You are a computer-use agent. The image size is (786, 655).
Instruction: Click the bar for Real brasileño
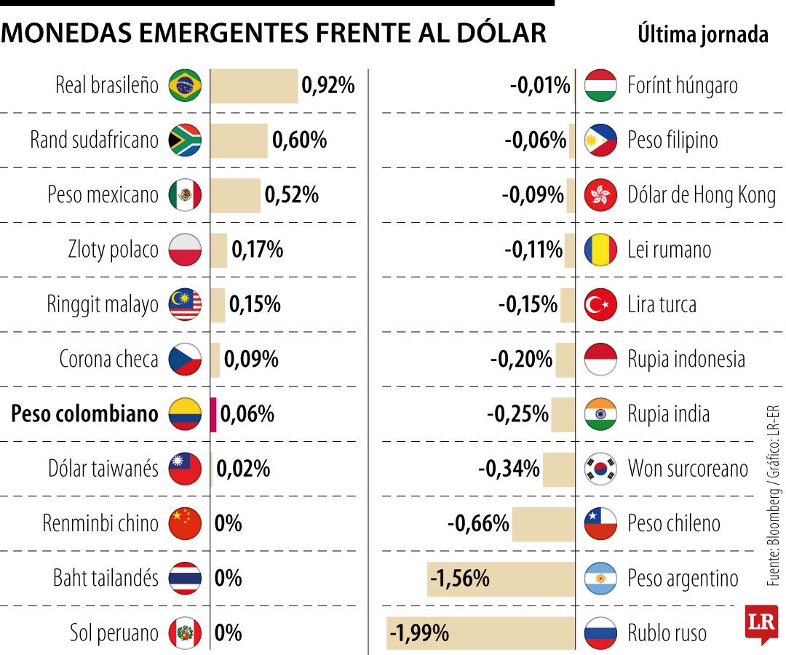coord(254,86)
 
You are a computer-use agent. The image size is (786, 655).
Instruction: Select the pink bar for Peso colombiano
coord(213,414)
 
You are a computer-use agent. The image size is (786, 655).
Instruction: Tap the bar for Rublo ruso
coord(480,632)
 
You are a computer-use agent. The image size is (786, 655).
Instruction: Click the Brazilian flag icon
coord(185,86)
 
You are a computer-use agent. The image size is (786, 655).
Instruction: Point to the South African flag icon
coord(185,140)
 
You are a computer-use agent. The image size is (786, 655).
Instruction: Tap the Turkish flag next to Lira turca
coord(601,305)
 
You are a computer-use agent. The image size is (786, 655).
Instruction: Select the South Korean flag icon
coord(601,469)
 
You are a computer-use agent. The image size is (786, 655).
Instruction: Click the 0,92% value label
coord(328,86)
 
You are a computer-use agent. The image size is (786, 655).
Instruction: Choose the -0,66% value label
coord(478,523)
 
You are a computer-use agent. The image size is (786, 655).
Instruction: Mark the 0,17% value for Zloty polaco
coord(257,250)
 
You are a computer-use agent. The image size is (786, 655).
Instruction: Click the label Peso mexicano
coord(103,195)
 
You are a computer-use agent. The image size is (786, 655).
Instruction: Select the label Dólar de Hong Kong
coord(702,195)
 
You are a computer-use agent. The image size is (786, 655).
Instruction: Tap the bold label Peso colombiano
coord(84,414)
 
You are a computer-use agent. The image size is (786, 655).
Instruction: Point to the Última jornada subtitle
coord(702,34)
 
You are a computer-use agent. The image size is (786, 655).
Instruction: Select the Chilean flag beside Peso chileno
coord(601,523)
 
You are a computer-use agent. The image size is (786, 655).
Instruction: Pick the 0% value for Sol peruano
coord(229,633)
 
